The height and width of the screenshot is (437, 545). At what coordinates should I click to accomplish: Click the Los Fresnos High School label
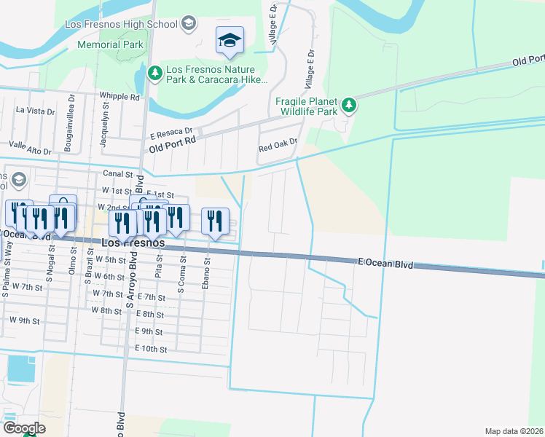coord(121,24)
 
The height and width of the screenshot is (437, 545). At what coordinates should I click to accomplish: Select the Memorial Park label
coord(110,44)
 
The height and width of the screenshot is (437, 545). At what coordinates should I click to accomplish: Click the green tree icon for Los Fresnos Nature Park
coord(154,72)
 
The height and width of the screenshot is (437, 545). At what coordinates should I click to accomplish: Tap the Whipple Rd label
coord(119,96)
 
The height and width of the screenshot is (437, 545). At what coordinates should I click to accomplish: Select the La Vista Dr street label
coord(36,111)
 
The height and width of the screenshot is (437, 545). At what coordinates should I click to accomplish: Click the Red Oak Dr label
coord(278,146)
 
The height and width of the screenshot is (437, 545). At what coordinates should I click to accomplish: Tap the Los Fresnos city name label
coord(133,243)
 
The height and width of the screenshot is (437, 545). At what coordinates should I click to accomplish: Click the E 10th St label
coord(151,349)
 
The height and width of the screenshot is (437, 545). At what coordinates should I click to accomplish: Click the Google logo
coord(24,428)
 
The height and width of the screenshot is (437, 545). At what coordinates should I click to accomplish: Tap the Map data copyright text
coord(514,431)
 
